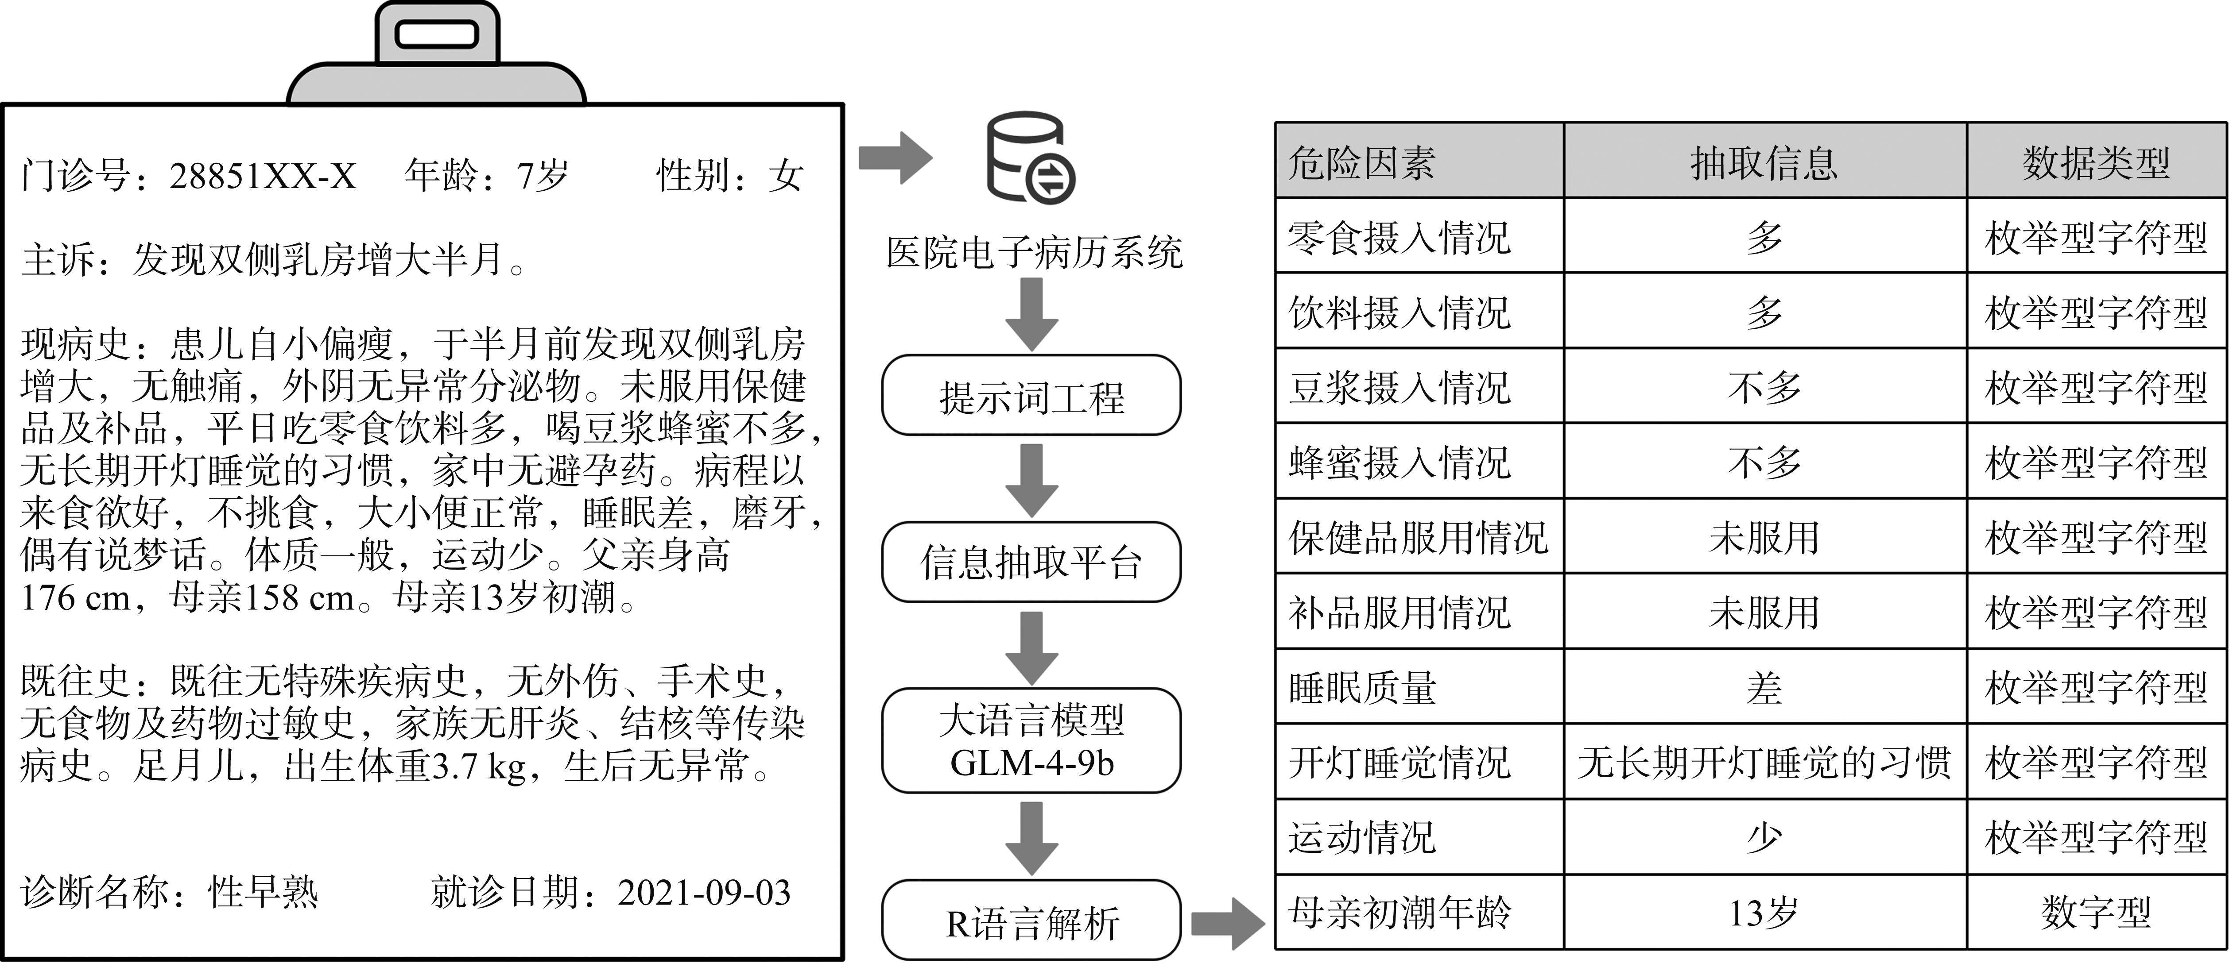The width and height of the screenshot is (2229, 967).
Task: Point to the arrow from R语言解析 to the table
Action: pos(1227,923)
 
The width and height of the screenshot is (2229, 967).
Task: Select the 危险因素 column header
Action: pos(1419,162)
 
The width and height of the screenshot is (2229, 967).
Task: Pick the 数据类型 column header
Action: pos(2096,162)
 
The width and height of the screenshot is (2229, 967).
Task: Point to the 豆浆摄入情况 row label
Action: pos(1399,387)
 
